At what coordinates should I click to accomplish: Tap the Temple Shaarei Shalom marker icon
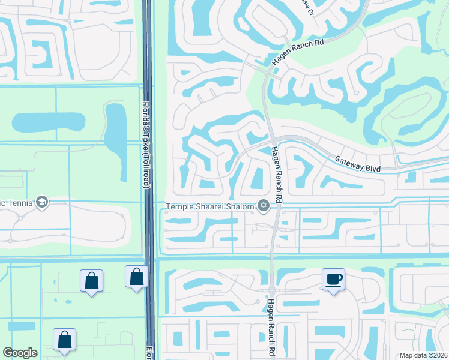pyautogui.click(x=263, y=206)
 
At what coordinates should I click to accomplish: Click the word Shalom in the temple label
pyautogui.click(x=240, y=206)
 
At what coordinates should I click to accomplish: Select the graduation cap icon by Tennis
pyautogui.click(x=41, y=202)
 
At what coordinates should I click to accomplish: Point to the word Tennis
pyautogui.click(x=18, y=202)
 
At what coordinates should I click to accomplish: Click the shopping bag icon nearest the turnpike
pyautogui.click(x=136, y=277)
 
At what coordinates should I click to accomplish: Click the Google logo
pyautogui.click(x=20, y=353)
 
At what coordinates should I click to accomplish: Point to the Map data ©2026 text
pyautogui.click(x=423, y=355)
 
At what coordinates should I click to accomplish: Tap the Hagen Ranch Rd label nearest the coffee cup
pyautogui.click(x=271, y=328)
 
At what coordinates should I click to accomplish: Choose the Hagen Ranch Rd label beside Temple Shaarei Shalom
pyautogui.click(x=276, y=174)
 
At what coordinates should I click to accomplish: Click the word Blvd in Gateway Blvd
pyautogui.click(x=373, y=167)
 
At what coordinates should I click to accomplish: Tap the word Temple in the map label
pyautogui.click(x=181, y=206)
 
